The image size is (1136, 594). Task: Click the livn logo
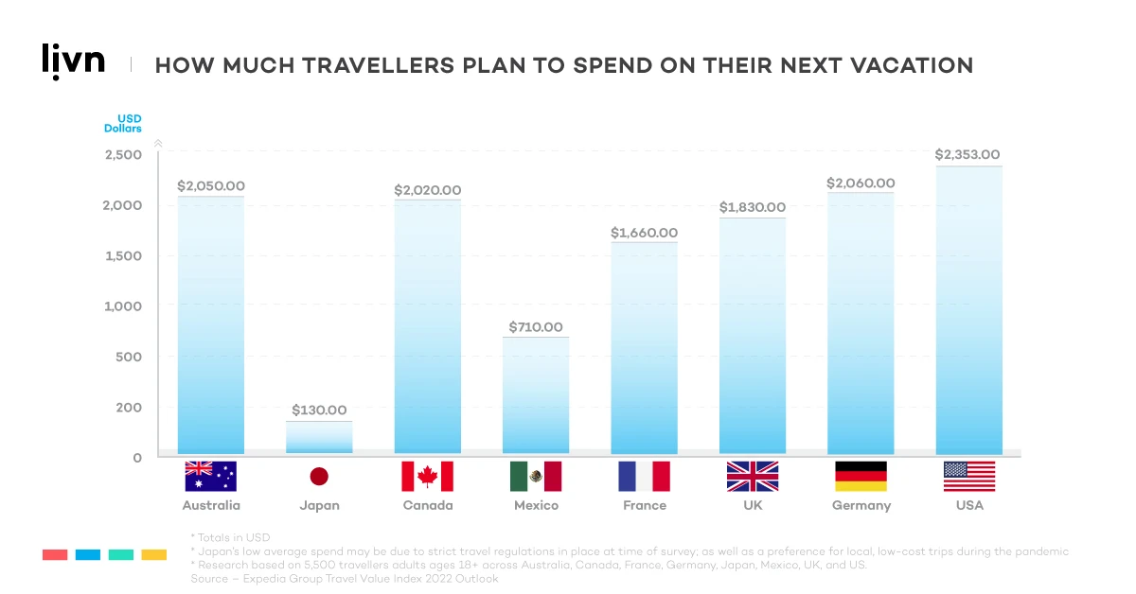74,61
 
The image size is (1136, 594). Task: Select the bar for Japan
319,437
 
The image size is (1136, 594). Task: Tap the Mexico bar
536,395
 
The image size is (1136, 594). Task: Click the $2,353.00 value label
967,154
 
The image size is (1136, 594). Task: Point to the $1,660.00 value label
644,233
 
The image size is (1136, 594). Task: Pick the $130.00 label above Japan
319,411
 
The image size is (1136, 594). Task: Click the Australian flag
211,477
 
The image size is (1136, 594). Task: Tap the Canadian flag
427,477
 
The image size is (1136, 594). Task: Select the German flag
861,477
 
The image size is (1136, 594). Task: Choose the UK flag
753,477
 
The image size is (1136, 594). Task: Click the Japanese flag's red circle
319,477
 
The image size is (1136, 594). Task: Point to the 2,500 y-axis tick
123,155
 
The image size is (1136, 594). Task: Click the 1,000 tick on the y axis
123,306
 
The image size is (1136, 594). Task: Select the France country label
644,505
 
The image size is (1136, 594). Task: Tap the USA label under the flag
969,505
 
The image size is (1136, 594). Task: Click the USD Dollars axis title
123,123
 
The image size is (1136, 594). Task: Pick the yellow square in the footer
154,554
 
